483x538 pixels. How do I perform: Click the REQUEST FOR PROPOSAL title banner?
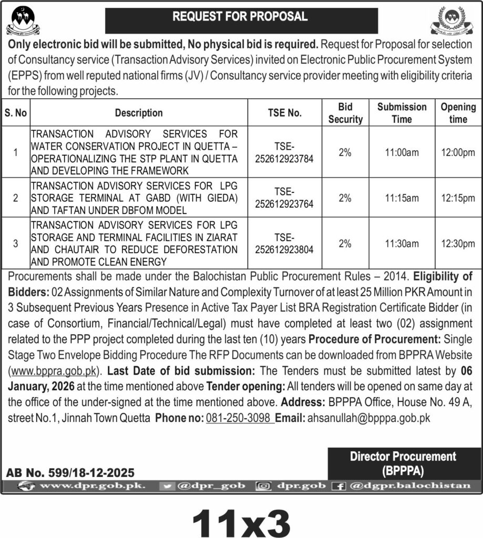pyautogui.click(x=241, y=17)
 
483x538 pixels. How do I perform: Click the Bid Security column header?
pyautogui.click(x=345, y=113)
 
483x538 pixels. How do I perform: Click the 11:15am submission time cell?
pyautogui.click(x=402, y=198)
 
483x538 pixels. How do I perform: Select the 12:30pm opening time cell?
pyautogui.click(x=458, y=243)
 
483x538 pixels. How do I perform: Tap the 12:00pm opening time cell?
pyautogui.click(x=458, y=152)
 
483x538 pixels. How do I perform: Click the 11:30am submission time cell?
pyautogui.click(x=402, y=243)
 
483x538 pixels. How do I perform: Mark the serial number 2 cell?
pyautogui.click(x=16, y=198)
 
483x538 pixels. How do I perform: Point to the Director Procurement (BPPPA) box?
pyautogui.click(x=403, y=463)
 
